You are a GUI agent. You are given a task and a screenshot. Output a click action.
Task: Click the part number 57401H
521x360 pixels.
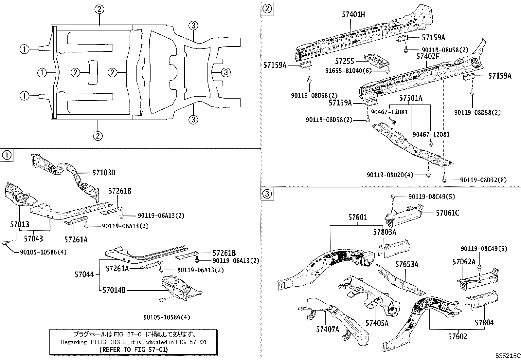point(353,14)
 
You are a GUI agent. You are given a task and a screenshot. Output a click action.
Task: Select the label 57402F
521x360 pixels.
point(428,57)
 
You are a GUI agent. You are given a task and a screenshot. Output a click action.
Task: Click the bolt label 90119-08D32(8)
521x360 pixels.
point(483,180)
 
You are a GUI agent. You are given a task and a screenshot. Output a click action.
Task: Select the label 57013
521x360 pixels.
point(19,224)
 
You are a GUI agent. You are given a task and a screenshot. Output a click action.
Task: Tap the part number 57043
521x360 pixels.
point(33,239)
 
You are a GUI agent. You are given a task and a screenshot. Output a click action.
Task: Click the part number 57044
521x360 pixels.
point(84,275)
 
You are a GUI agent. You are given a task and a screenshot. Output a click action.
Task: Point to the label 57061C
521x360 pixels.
point(447,213)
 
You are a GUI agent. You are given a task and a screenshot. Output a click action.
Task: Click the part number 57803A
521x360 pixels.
point(385,232)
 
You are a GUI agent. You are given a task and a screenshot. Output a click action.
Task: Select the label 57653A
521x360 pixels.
point(407,264)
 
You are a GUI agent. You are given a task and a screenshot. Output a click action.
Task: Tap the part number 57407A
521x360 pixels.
point(328,329)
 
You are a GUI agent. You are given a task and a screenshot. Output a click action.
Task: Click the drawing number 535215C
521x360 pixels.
point(507,356)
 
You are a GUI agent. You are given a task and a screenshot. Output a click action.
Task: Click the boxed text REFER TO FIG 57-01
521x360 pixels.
point(133,350)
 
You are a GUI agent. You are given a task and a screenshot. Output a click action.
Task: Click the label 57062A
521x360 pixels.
point(464,262)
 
